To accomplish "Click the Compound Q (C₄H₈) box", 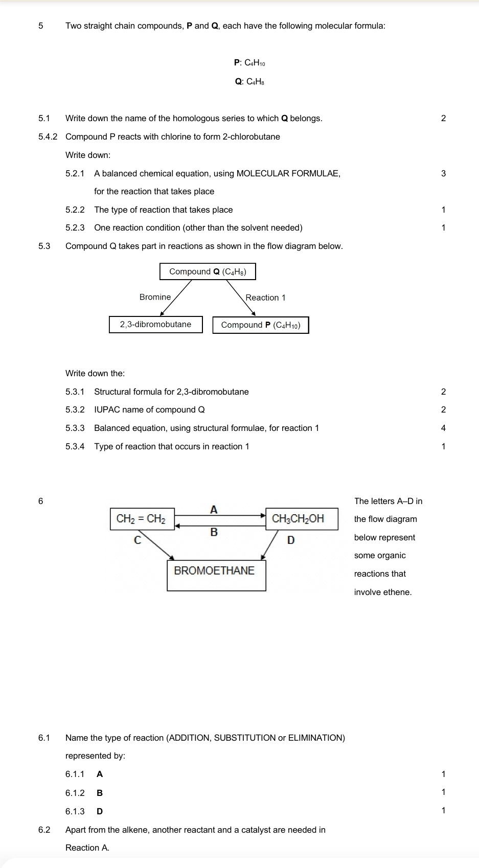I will [x=208, y=271].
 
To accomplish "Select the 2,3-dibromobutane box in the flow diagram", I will [x=155, y=324].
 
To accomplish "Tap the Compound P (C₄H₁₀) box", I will [x=261, y=325].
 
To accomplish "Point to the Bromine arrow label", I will [x=155, y=297].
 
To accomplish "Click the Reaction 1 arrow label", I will [x=265, y=298].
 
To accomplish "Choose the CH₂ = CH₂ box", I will [x=142, y=519].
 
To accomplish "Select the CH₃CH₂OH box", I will [x=298, y=519].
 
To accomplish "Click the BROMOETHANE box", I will [x=215, y=570].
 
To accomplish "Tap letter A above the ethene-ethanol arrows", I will [x=214, y=509].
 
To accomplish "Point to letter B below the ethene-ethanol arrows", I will [x=214, y=532].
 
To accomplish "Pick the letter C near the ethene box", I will [x=137, y=540].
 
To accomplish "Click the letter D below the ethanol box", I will [x=291, y=540].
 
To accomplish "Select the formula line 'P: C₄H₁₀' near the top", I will [x=249, y=63].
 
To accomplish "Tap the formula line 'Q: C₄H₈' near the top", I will [x=249, y=81].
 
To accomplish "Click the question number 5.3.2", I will [x=75, y=409].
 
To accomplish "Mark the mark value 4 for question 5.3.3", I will [x=443, y=428].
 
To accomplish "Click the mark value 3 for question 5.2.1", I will [x=443, y=173].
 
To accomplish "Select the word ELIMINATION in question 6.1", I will [x=316, y=738].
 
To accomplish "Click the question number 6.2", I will [x=44, y=830].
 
